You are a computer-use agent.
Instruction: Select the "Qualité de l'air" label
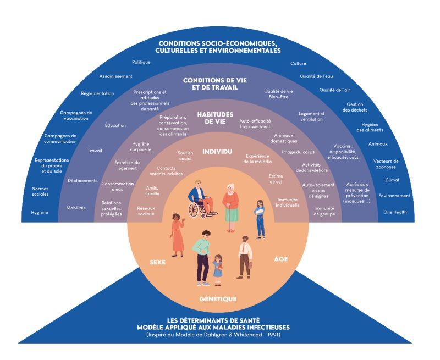(334, 90)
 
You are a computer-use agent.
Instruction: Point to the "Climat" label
(392, 180)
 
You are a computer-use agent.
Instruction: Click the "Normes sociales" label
(40, 191)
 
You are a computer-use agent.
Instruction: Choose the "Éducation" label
(115, 125)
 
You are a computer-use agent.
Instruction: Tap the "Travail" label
(95, 151)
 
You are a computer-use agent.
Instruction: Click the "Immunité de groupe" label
(324, 211)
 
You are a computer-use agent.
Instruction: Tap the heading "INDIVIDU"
(217, 151)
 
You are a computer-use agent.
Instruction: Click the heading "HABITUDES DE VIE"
(216, 118)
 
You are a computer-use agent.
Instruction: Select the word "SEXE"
(158, 262)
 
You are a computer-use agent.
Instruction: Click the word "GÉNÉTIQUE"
(218, 299)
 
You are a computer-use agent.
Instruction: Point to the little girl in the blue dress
(218, 268)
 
